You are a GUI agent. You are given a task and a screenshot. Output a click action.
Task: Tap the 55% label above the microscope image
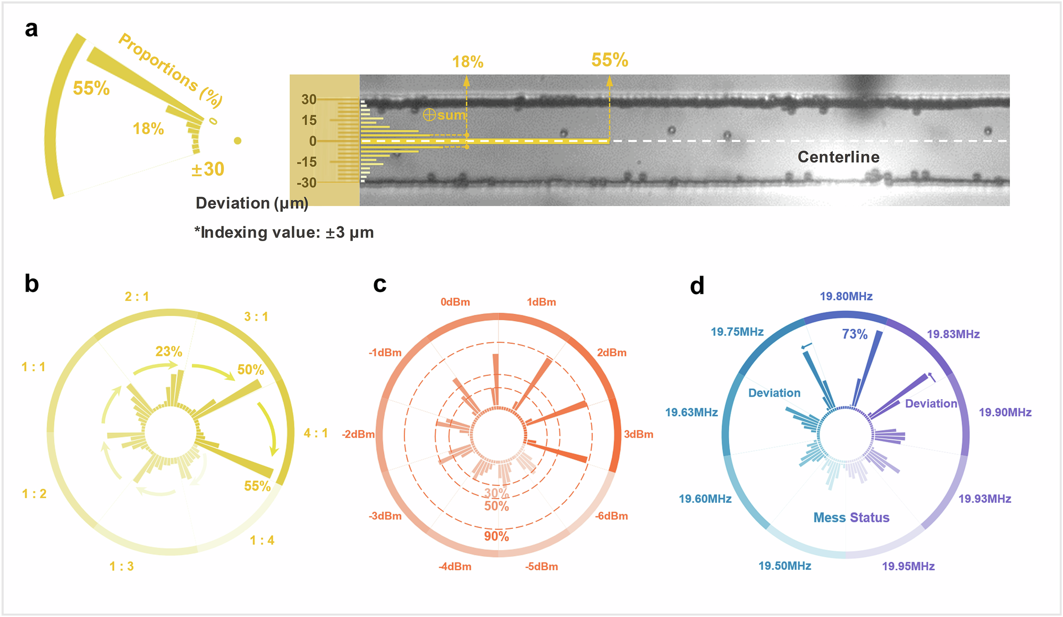pyautogui.click(x=610, y=60)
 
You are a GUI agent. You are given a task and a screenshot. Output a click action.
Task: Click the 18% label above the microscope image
pyautogui.click(x=468, y=62)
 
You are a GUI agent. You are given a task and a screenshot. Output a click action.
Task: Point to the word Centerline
pyautogui.click(x=838, y=157)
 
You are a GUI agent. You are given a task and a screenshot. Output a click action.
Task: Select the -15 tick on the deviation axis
pyautogui.click(x=307, y=162)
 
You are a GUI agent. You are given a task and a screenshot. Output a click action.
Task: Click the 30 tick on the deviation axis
pyautogui.click(x=309, y=99)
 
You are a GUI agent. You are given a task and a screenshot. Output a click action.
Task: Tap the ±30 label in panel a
pyautogui.click(x=208, y=169)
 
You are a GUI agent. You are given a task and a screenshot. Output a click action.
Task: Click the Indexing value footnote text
pyautogui.click(x=284, y=233)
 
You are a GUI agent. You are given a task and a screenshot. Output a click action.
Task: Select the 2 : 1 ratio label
pyautogui.click(x=137, y=297)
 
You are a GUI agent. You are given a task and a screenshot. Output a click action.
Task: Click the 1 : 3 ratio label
pyautogui.click(x=122, y=567)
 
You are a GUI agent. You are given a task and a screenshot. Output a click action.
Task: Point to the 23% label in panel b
pyautogui.click(x=169, y=352)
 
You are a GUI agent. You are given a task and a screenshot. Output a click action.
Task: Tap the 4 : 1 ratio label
pyautogui.click(x=316, y=433)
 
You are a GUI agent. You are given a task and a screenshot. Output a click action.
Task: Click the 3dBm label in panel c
pyautogui.click(x=638, y=434)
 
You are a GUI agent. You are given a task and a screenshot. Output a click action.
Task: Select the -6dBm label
pyautogui.click(x=611, y=516)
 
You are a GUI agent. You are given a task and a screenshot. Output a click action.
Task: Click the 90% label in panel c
pyautogui.click(x=496, y=536)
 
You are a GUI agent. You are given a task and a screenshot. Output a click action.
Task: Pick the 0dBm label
pyautogui.click(x=455, y=302)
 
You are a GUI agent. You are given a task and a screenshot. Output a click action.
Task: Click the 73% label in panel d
pyautogui.click(x=855, y=334)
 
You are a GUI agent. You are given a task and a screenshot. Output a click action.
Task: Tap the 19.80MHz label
pyautogui.click(x=846, y=296)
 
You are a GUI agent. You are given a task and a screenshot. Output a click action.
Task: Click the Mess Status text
pyautogui.click(x=851, y=518)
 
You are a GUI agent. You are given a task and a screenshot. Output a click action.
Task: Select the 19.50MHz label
pyautogui.click(x=784, y=566)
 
